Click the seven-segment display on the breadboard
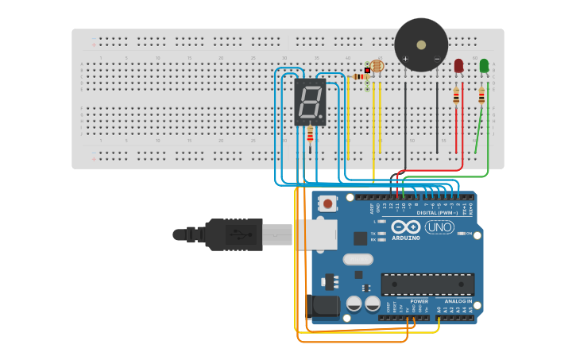(310, 102)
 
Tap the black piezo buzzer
(421, 45)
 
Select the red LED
(458, 67)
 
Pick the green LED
(484, 67)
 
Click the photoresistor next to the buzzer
(377, 68)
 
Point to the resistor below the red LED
(456, 96)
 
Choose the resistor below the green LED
(481, 96)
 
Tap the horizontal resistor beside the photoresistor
(360, 76)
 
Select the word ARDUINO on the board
(406, 238)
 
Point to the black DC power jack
(324, 307)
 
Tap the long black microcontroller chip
(427, 284)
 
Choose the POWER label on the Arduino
(419, 302)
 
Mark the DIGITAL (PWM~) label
(437, 212)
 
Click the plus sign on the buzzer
(405, 59)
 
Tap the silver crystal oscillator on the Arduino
(358, 258)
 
